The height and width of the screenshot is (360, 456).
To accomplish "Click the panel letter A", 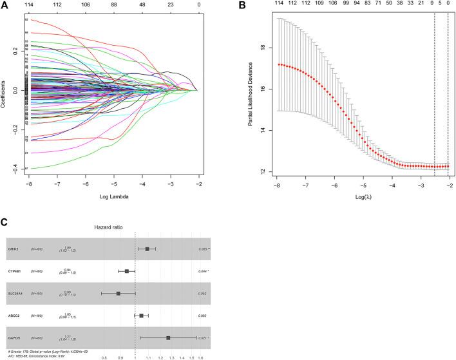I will tap(6, 6).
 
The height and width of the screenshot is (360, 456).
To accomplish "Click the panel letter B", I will tap(243, 6).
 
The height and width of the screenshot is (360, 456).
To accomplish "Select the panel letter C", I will tap(6, 223).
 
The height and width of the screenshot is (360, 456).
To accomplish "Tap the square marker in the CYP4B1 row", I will tap(127, 271).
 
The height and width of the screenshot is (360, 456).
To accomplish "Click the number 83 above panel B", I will tap(364, 5).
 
